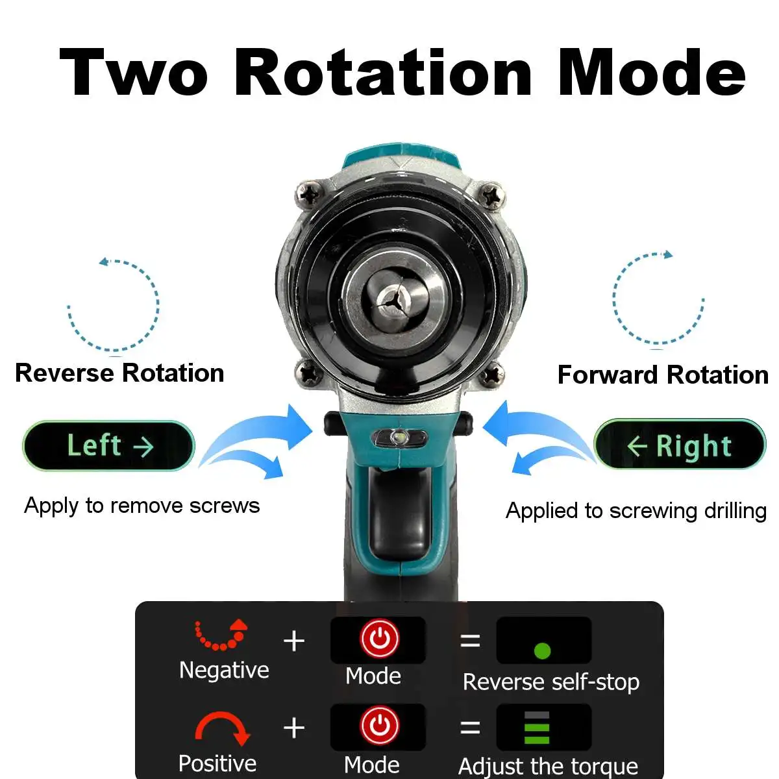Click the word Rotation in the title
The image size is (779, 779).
tap(383, 73)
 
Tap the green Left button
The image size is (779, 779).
tap(109, 446)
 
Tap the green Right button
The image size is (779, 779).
tap(680, 446)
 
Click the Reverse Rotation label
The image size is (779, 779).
tap(119, 373)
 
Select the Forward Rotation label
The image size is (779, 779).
tap(663, 375)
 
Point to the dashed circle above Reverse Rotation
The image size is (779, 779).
tap(114, 305)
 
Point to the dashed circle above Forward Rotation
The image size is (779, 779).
tap(658, 298)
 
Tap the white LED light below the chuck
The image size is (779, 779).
tap(399, 438)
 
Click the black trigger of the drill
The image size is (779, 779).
tap(398, 513)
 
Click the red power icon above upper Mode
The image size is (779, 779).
tap(380, 639)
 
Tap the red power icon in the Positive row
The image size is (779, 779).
tap(380, 726)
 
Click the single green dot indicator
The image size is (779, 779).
tap(542, 650)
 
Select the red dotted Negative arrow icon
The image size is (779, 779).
tap(222, 634)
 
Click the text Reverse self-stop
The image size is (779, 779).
tap(551, 682)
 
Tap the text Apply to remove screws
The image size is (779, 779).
tap(142, 506)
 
